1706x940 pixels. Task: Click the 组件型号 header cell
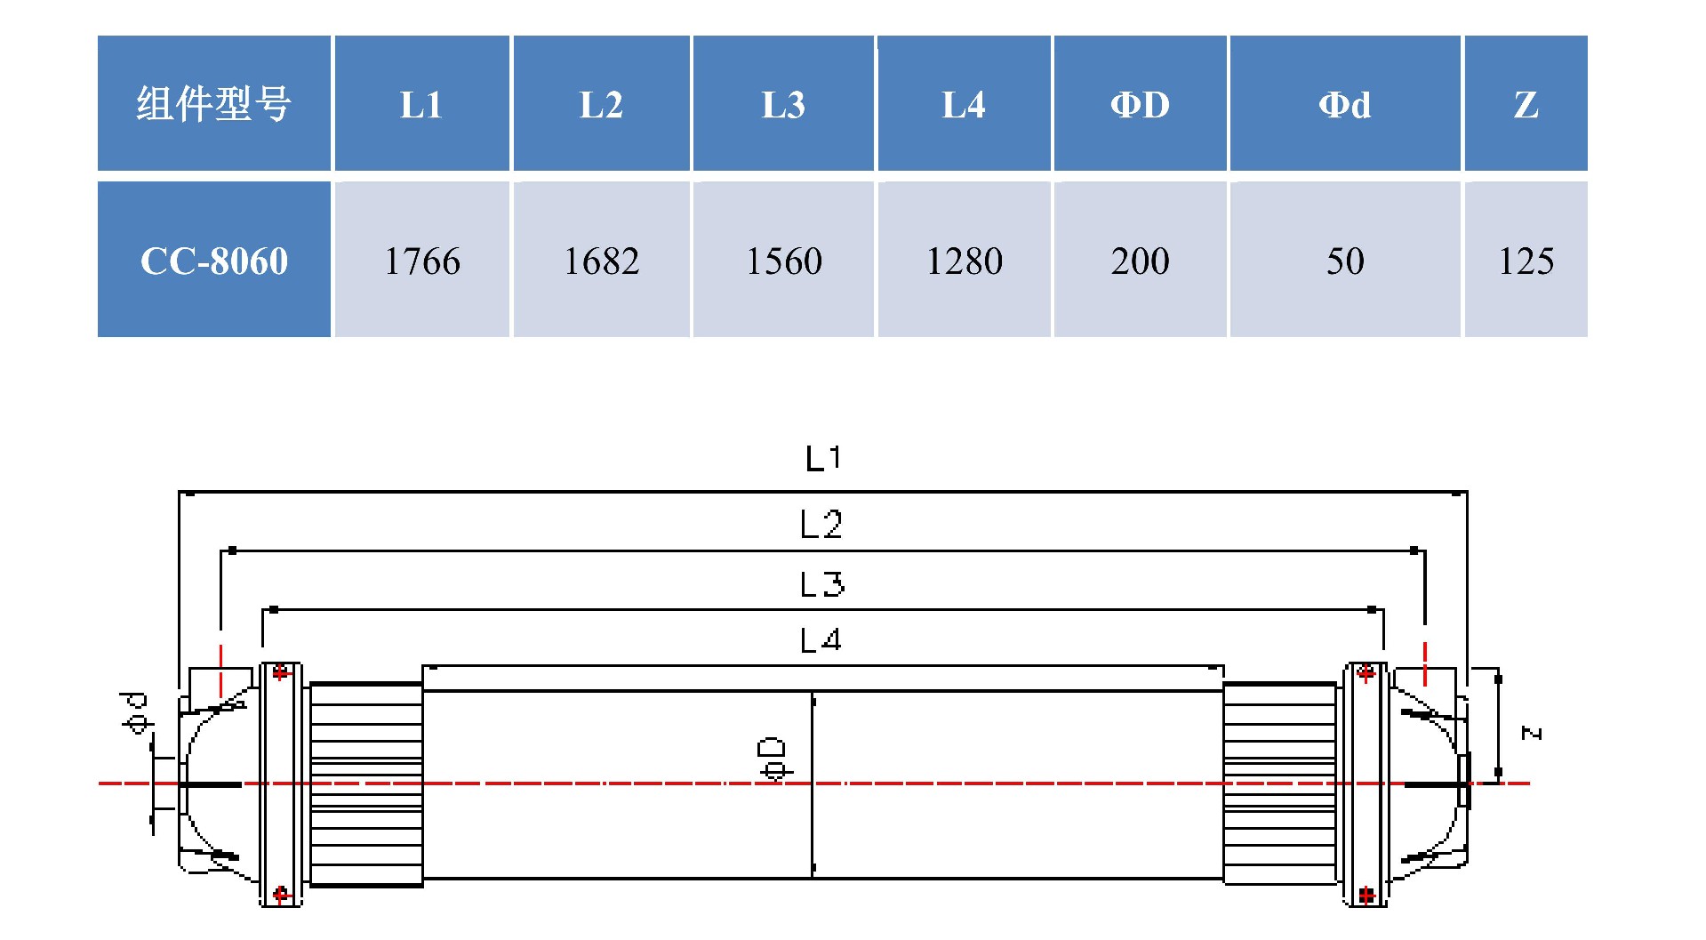213,104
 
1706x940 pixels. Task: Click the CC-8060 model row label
214,261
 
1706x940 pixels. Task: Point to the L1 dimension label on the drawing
822,459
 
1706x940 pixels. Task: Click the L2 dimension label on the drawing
821,525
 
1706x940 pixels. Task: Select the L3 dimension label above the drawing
821,584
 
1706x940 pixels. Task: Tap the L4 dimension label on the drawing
820,639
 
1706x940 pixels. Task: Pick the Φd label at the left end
136,712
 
